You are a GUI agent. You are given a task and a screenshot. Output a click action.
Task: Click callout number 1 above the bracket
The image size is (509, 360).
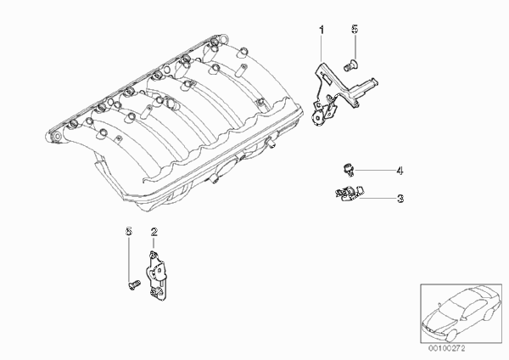pos(322,30)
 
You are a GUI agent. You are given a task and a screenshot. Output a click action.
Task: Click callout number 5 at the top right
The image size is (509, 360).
pos(355,29)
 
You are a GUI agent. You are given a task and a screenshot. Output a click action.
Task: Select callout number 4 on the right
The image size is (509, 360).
pos(400,171)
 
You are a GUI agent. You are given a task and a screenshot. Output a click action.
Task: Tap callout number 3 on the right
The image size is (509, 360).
pos(400,198)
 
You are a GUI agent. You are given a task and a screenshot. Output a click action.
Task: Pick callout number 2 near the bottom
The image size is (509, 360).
pos(154,232)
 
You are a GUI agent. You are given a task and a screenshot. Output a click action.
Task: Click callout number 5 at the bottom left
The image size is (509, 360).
pos(129,231)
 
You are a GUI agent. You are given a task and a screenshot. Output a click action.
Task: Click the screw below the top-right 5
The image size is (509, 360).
pos(350,65)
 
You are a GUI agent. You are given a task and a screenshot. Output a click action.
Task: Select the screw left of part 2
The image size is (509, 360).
pos(133,285)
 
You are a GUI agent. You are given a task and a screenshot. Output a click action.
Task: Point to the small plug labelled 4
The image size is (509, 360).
pos(348,171)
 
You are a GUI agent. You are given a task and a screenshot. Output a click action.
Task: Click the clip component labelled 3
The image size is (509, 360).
pos(349,193)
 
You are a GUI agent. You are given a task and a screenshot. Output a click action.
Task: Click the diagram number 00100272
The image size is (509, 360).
pos(447,348)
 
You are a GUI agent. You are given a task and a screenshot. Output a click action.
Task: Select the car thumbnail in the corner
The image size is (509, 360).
pos(461,313)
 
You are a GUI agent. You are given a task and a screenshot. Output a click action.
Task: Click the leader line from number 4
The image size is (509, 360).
pos(374,170)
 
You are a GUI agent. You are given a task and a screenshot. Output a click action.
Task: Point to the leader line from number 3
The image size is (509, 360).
pos(378,198)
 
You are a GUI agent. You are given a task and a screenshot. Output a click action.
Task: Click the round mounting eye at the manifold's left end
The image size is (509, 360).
pos(57,137)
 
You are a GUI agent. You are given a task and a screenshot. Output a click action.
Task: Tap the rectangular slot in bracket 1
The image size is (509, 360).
pos(327,79)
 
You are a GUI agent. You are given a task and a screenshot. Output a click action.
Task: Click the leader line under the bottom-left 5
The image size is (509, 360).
pos(129,259)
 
